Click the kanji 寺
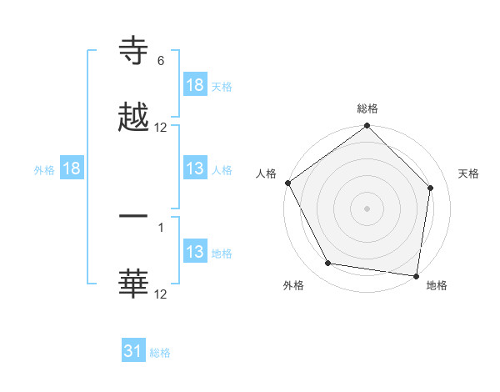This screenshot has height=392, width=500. coord(133,52)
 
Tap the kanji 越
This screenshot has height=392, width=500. coord(133,118)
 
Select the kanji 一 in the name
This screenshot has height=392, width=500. coord(133,216)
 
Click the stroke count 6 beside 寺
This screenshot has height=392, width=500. coord(161,61)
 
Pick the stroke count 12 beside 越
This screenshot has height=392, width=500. coord(161,128)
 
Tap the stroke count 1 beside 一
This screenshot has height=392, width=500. coord(161,226)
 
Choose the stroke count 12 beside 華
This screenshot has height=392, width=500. coord(161,294)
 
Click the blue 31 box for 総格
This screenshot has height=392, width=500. coord(133,351)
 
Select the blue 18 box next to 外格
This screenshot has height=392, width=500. coord(72,168)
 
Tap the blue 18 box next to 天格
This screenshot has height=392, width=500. coord(195,85)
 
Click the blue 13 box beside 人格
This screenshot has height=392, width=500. coord(195,168)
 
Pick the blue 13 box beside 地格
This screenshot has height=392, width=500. coord(195,252)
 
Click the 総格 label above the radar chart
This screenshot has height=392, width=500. coord(367,108)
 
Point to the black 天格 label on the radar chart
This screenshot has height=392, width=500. coord(469,173)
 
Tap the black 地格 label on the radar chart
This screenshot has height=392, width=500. coord(437,285)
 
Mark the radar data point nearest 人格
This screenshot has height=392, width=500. coord(288,183)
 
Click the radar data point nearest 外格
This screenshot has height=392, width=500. coord(328,264)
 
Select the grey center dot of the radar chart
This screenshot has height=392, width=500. coord(367,208)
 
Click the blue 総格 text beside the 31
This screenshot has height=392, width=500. coord(160,353)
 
